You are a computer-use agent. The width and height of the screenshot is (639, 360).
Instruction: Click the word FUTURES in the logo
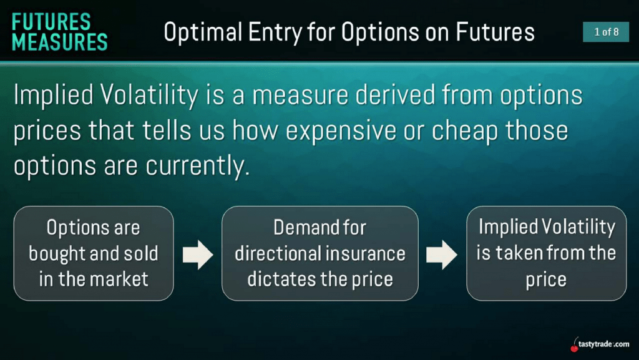[51, 22]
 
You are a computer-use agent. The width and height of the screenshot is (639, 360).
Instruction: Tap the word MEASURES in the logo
[60, 42]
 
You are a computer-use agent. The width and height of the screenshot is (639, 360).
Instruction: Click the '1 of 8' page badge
[606, 32]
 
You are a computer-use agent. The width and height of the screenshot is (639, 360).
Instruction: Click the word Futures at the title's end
[495, 32]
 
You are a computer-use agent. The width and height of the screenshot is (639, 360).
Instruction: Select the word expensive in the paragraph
[341, 132]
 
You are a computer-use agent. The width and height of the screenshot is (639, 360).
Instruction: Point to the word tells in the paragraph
[165, 130]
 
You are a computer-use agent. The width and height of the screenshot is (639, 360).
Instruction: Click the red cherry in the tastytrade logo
[575, 347]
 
